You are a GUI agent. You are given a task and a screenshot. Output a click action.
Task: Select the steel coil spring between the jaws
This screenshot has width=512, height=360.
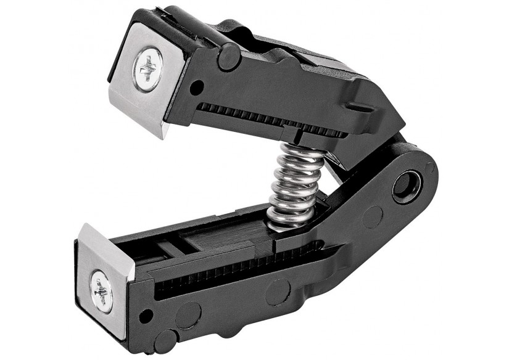295,185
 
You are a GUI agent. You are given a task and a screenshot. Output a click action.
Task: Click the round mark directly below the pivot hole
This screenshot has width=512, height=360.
372,218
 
